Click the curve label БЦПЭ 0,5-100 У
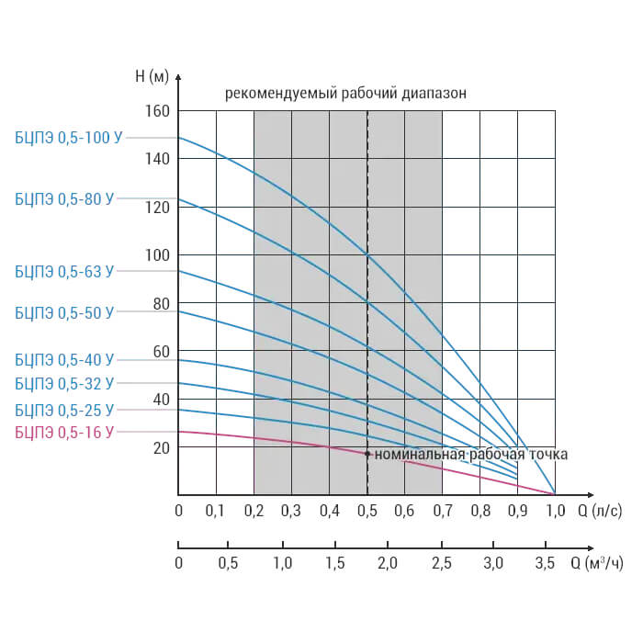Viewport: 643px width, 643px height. (69, 138)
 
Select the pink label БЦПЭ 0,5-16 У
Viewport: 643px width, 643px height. (64, 433)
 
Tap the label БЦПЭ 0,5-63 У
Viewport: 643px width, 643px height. (64, 272)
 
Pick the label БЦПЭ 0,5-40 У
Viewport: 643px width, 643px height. (64, 360)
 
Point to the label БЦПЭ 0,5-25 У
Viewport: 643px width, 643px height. (64, 410)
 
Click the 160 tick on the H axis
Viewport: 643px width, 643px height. (157, 111)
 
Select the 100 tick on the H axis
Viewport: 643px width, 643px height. (157, 255)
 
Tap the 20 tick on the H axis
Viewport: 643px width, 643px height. (161, 448)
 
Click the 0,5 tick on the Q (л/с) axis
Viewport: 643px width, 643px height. (367, 511)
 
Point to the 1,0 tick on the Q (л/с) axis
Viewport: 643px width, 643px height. (555, 511)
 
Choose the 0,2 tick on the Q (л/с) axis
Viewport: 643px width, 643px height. (254, 511)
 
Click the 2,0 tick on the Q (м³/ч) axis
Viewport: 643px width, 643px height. (388, 563)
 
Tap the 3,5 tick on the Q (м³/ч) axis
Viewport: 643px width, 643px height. (545, 563)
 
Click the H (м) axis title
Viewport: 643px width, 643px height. (152, 76)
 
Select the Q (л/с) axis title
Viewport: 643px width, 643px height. (600, 511)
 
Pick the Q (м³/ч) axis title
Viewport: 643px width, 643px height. (597, 563)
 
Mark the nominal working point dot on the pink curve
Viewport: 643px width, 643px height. (367, 454)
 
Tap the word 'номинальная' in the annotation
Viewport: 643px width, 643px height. (420, 455)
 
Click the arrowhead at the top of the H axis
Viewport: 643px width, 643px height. (178, 76)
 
